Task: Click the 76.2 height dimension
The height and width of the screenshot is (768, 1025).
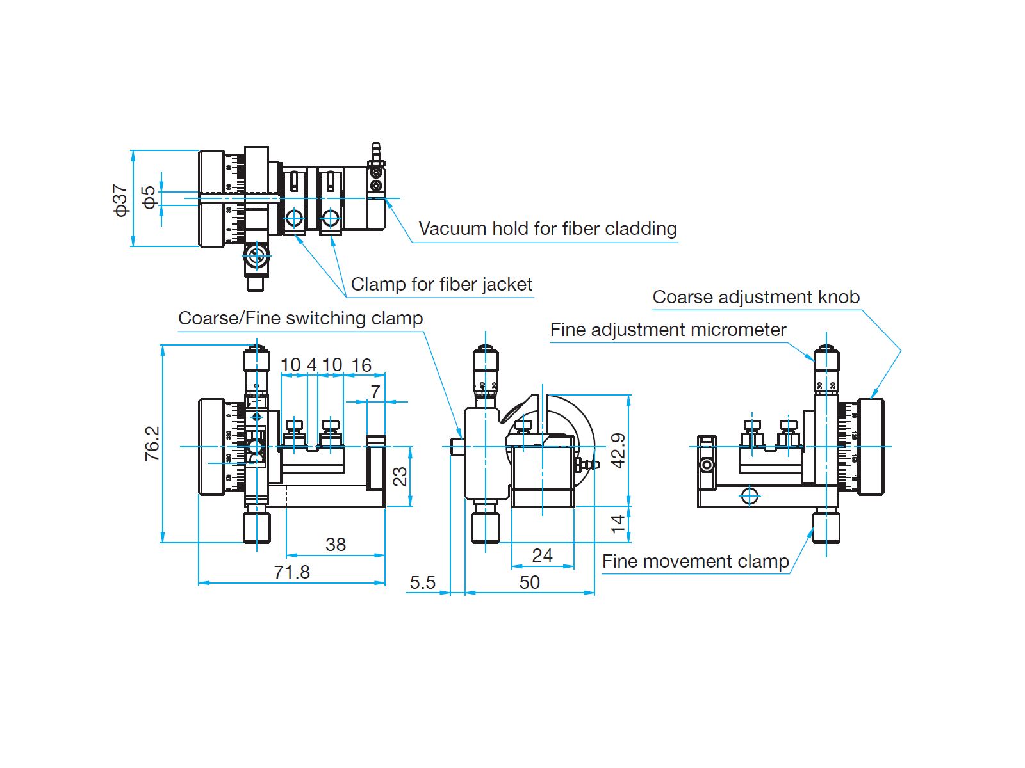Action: click(152, 444)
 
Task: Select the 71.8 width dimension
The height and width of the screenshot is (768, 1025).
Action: click(291, 572)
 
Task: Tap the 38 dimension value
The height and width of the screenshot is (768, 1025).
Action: click(336, 544)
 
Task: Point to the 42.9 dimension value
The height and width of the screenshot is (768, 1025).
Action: click(618, 451)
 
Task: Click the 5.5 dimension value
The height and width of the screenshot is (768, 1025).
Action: click(423, 582)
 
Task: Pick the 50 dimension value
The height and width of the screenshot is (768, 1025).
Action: click(529, 582)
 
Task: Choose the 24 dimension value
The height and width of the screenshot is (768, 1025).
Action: click(542, 555)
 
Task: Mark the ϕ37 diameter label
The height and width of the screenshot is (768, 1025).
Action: click(120, 200)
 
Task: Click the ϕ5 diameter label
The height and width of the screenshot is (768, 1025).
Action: click(149, 197)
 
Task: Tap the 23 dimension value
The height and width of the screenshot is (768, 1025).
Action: click(399, 476)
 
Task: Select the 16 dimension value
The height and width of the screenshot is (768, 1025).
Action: click(361, 365)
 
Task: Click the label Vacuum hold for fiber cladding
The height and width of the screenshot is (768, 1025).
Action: click(548, 228)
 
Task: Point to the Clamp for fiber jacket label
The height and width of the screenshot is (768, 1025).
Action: click(441, 284)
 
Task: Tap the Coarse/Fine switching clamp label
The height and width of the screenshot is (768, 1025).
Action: click(300, 318)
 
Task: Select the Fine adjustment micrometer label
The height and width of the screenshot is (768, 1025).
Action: click(668, 330)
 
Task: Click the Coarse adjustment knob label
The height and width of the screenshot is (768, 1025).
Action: click(756, 297)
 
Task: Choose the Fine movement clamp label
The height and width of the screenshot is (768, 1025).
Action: click(695, 561)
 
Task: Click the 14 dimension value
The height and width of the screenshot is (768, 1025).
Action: click(618, 524)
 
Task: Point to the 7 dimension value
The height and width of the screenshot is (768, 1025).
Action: click(375, 391)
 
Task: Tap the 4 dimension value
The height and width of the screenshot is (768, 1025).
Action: click(312, 365)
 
